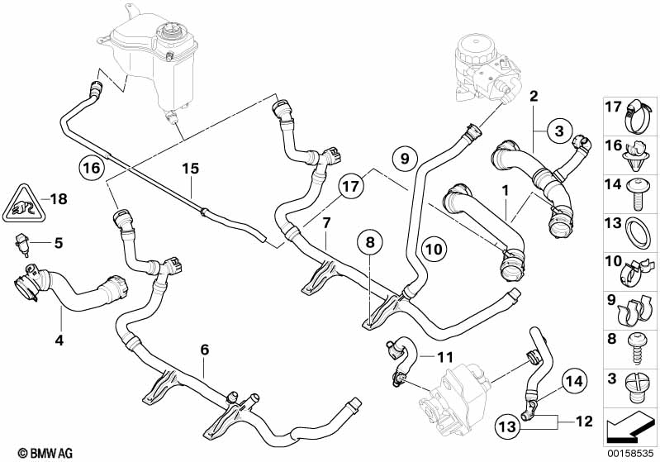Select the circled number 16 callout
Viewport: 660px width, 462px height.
[93, 168]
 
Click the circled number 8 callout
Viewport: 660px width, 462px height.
[370, 243]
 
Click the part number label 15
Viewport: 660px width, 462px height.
[191, 169]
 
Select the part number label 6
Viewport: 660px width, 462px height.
[204, 350]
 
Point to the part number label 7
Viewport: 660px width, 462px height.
[326, 222]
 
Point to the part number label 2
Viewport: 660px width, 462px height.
[534, 97]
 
